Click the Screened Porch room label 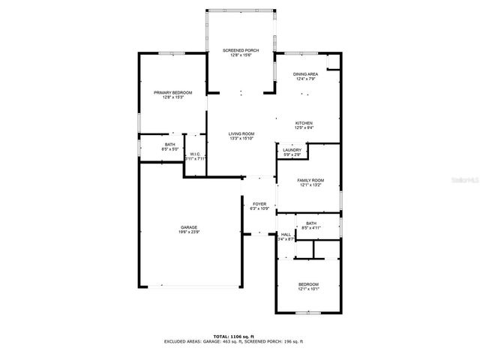click(241, 49)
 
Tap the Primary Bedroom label click(173, 92)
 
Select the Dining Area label click(305, 74)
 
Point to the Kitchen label click(304, 123)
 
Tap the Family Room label click(310, 180)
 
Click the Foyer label click(259, 203)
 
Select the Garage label click(188, 227)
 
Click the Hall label click(285, 234)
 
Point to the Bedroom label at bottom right click(309, 284)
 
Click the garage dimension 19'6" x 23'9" click(188, 232)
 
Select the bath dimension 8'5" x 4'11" click(310, 227)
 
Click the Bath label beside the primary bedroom click(170, 144)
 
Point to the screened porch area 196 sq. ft click(292, 341)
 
